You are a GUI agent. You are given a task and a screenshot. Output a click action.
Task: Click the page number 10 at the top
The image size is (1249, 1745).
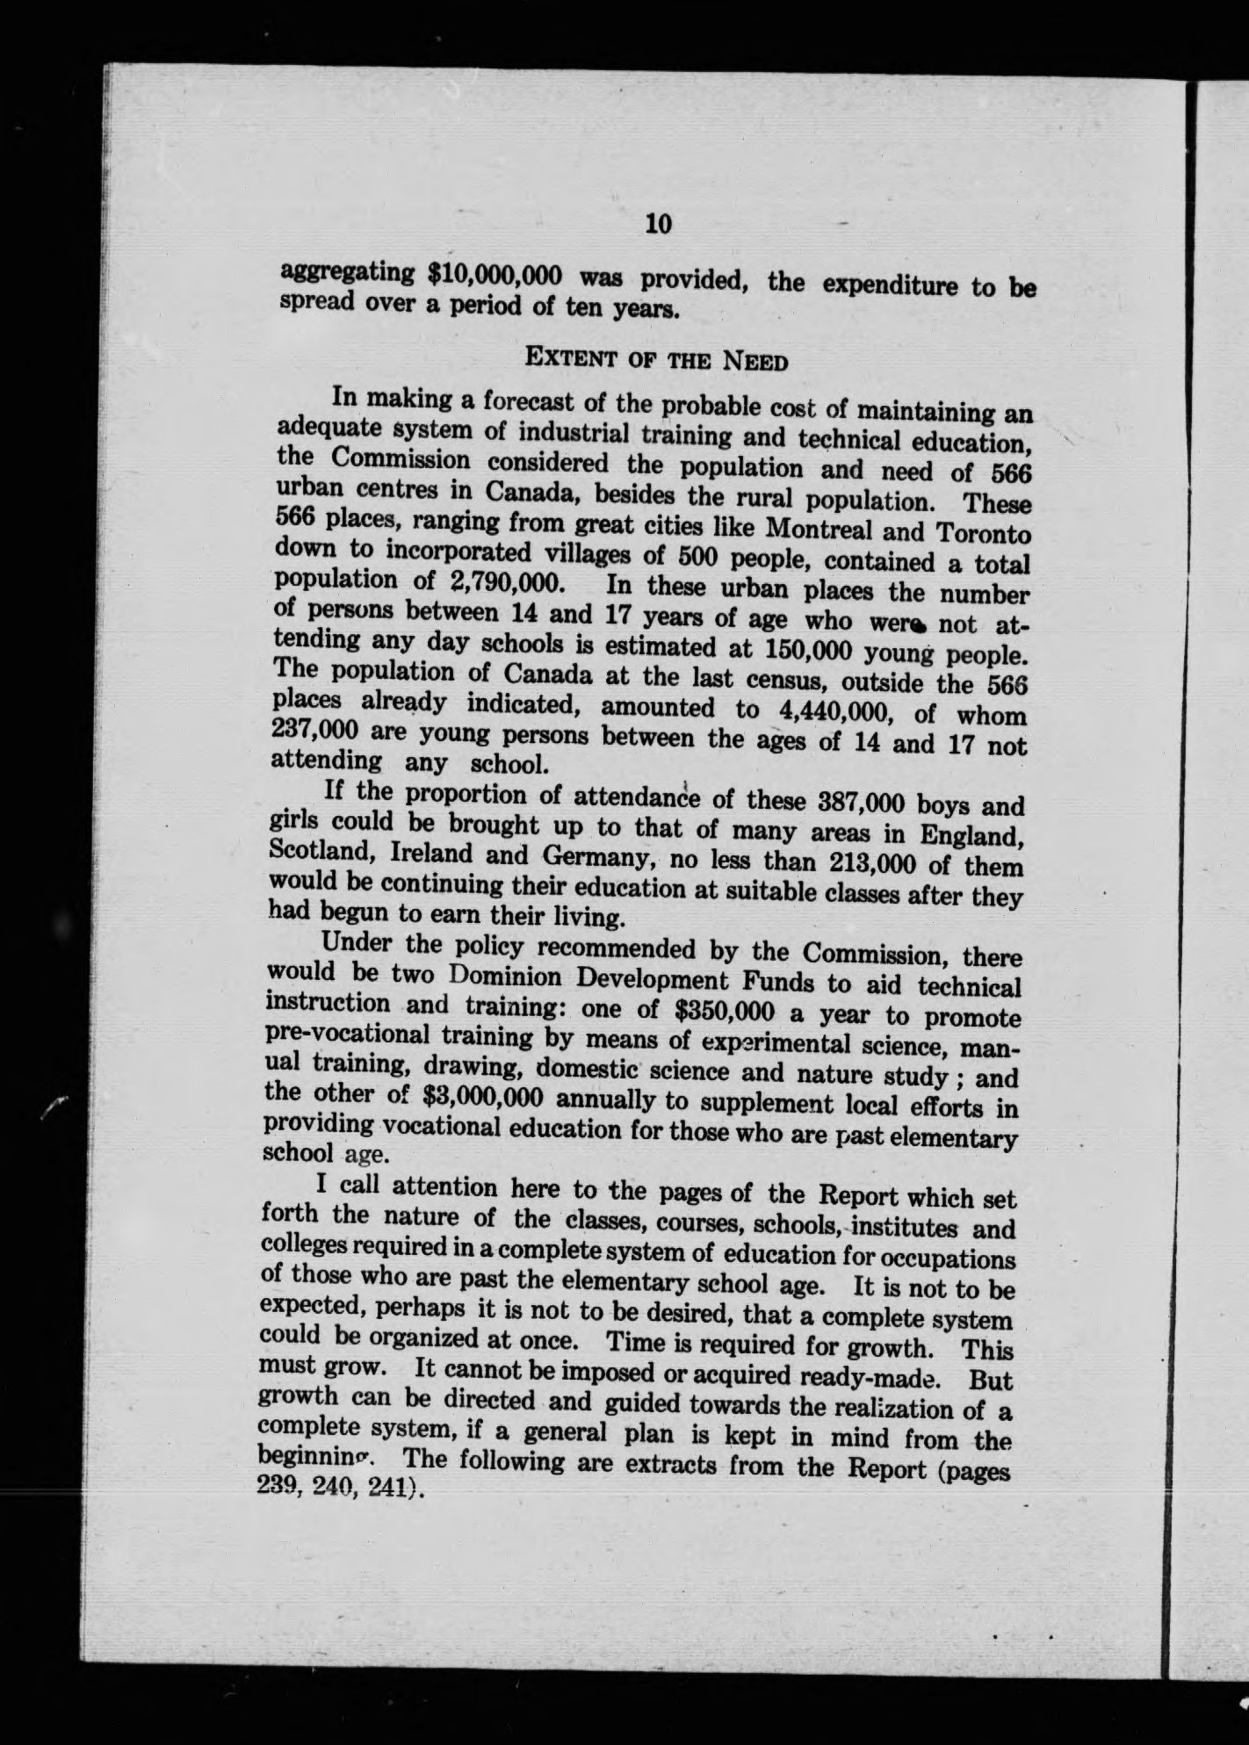pos(657,225)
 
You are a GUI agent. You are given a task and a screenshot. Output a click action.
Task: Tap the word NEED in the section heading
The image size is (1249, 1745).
pos(754,361)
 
